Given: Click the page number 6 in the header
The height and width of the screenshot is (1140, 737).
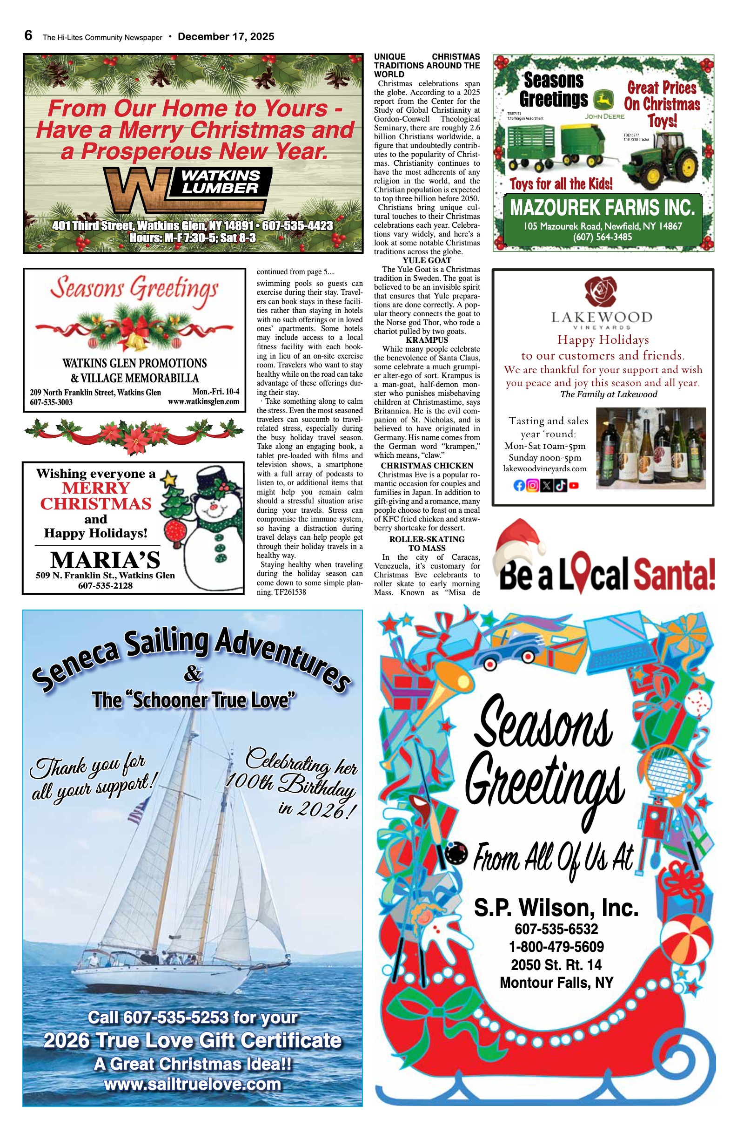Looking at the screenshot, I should [x=28, y=35].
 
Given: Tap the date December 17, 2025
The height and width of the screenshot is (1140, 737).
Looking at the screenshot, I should [x=226, y=37].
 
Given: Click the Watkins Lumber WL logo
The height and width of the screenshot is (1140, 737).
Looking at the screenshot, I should [x=144, y=189].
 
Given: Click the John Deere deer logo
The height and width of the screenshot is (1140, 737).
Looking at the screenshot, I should [x=603, y=101].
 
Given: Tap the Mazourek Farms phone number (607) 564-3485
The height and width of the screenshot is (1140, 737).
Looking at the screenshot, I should [x=603, y=237].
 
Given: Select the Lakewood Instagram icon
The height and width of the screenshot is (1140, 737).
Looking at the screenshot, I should [x=532, y=486].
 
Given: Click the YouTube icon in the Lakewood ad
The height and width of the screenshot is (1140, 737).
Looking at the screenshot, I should [x=574, y=486].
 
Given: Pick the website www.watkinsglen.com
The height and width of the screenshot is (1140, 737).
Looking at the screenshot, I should [x=203, y=402].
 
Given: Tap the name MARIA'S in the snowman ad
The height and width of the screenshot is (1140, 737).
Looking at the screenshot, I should [x=105, y=560].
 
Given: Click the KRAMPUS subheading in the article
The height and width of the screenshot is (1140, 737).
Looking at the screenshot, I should [x=427, y=340].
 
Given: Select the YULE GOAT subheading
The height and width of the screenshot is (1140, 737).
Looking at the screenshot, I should [x=427, y=261].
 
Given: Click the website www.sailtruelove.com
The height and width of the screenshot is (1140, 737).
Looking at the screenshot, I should [x=192, y=1084].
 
